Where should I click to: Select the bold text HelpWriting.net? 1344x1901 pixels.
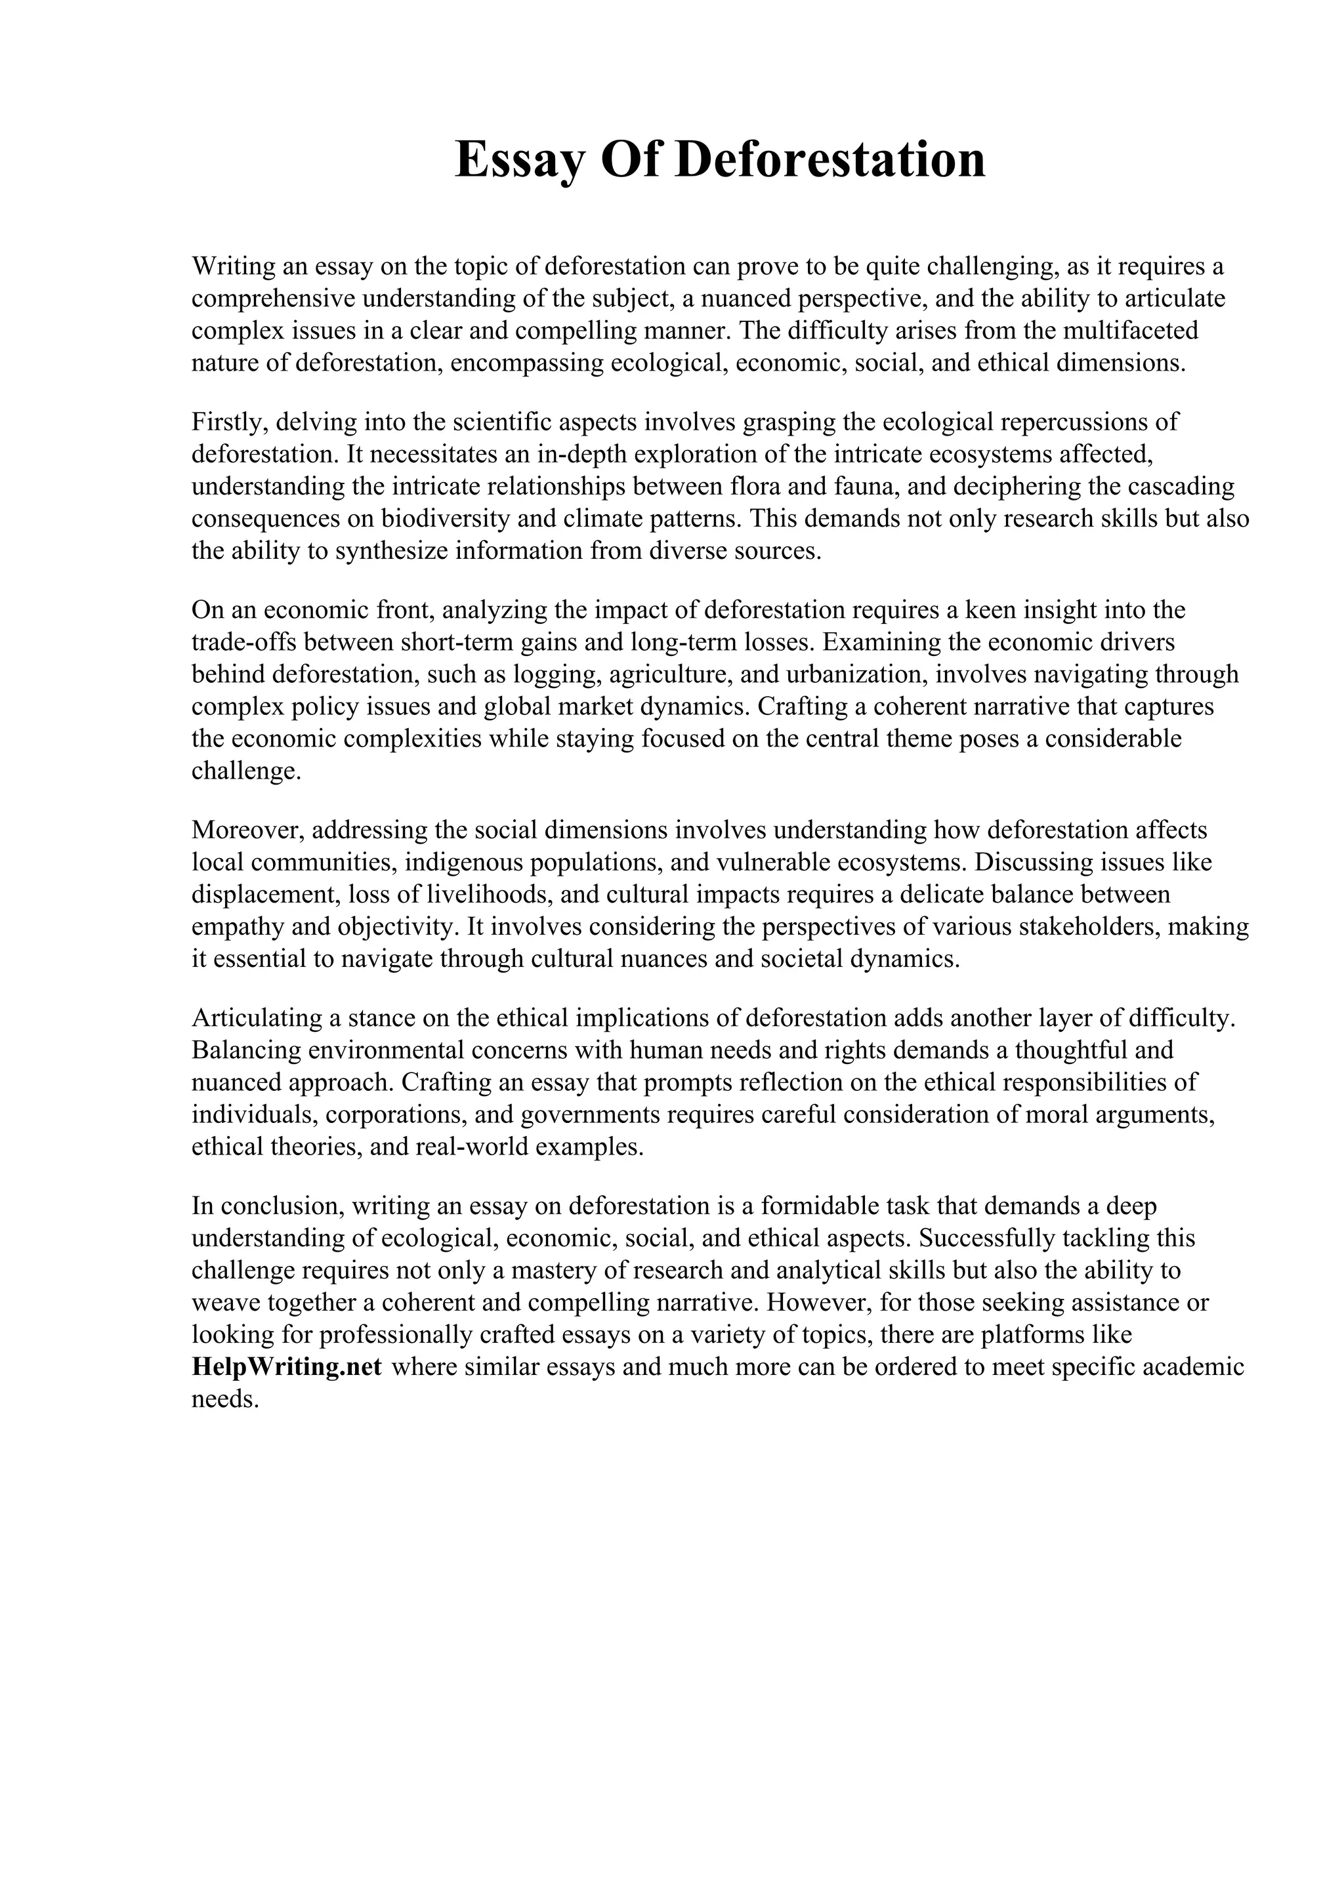[x=287, y=1366]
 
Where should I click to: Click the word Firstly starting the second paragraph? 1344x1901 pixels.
[x=230, y=422]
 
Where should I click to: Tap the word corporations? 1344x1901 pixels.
[x=395, y=1114]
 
